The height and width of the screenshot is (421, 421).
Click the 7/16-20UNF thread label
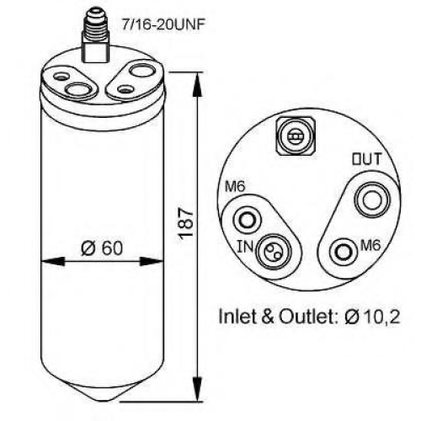pyautogui.click(x=162, y=24)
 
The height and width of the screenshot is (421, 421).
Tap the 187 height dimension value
pyautogui.click(x=186, y=224)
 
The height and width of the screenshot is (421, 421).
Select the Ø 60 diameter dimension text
pyautogui.click(x=102, y=248)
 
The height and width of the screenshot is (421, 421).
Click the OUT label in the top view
pyautogui.click(x=367, y=159)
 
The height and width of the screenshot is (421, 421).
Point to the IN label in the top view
pyautogui.click(x=245, y=247)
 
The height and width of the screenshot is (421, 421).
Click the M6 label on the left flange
pyautogui.click(x=235, y=186)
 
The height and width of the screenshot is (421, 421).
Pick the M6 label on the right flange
pyautogui.click(x=370, y=245)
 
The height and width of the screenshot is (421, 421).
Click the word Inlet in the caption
pyautogui.click(x=237, y=317)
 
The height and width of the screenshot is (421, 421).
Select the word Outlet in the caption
pyautogui.click(x=309, y=317)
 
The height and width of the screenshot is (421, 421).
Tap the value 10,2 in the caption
pyautogui.click(x=383, y=317)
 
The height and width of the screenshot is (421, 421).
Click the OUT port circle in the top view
pyautogui.click(x=372, y=200)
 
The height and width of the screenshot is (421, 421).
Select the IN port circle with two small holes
pyautogui.click(x=274, y=252)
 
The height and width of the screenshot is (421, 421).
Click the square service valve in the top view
pyautogui.click(x=295, y=136)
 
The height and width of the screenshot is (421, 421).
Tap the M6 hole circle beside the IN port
pyautogui.click(x=248, y=219)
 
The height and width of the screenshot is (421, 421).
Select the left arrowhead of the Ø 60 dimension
pyautogui.click(x=53, y=262)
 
